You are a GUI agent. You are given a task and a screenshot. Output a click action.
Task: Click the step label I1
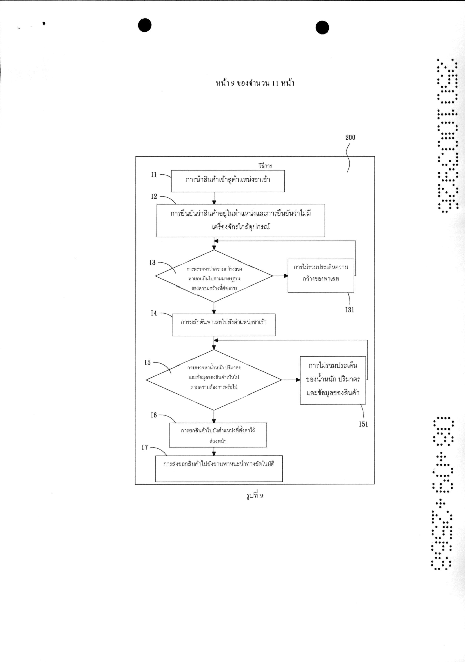(x=154, y=175)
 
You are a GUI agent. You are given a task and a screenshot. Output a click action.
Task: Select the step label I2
(x=154, y=197)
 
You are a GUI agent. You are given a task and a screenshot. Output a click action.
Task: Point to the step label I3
(x=152, y=263)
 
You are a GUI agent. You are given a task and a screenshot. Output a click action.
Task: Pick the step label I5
(x=148, y=363)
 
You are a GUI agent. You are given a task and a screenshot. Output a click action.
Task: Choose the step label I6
(x=154, y=415)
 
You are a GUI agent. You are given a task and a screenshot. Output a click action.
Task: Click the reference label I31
(x=350, y=310)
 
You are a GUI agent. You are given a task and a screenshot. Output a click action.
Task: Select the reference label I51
(x=363, y=424)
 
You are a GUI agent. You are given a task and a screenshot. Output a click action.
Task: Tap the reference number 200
(x=350, y=138)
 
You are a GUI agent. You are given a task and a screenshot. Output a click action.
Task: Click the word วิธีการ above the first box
(x=265, y=166)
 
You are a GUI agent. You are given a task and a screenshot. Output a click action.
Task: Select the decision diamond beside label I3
(x=214, y=276)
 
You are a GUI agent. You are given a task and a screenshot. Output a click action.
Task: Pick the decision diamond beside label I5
(x=214, y=380)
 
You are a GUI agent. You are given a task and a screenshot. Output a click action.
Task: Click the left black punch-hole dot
(x=145, y=25)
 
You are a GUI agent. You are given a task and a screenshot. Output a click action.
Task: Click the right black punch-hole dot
(x=322, y=28)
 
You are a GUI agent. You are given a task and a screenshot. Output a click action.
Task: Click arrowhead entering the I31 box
(x=286, y=276)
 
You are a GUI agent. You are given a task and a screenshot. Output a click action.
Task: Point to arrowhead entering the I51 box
(x=298, y=380)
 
